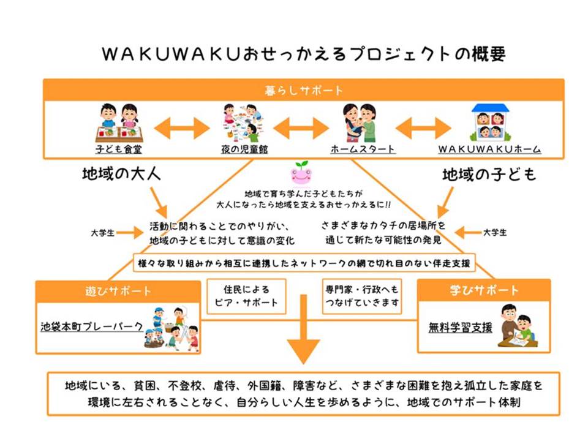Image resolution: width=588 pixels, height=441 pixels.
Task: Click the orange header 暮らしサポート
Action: click(x=303, y=90)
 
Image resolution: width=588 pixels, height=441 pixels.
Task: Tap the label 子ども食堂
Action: click(x=118, y=149)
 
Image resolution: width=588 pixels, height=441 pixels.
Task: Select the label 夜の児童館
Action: click(x=244, y=149)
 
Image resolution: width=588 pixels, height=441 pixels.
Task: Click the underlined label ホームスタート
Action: click(x=363, y=149)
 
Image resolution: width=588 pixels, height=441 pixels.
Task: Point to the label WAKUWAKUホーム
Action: click(x=490, y=149)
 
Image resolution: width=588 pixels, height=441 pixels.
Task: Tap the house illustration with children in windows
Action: click(x=490, y=121)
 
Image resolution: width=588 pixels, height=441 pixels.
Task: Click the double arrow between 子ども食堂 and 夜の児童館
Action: click(x=182, y=128)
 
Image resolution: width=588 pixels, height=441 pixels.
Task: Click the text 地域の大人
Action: click(x=121, y=175)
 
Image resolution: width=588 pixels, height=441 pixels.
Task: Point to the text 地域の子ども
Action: click(x=489, y=175)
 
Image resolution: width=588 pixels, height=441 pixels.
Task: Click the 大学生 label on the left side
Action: click(x=102, y=233)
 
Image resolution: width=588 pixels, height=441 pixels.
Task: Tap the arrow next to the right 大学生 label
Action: click(x=468, y=233)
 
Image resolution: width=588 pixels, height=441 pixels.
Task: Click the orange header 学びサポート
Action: click(x=484, y=290)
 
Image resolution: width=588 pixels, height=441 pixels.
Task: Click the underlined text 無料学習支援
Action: click(x=460, y=327)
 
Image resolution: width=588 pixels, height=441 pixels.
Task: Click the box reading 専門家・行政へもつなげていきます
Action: click(x=362, y=296)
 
